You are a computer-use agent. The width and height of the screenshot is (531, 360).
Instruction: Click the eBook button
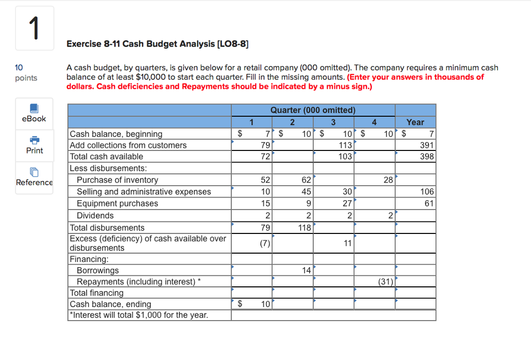(34, 114)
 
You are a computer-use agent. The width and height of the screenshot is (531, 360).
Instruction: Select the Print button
(34, 145)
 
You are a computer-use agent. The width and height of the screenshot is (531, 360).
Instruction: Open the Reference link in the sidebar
(34, 177)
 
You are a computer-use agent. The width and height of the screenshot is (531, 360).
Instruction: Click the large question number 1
(34, 29)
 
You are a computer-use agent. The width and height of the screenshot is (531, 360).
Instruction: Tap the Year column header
(415, 122)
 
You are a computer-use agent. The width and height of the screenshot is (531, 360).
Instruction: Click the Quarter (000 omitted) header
(313, 110)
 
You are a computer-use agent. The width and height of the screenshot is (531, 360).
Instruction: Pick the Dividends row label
(95, 215)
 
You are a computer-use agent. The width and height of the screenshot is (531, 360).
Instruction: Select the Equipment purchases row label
(117, 203)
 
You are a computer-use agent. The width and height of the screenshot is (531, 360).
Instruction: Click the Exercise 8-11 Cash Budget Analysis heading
(158, 44)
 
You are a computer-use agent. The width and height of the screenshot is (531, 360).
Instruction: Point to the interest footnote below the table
(138, 315)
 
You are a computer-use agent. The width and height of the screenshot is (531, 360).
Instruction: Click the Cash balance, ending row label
(110, 304)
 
